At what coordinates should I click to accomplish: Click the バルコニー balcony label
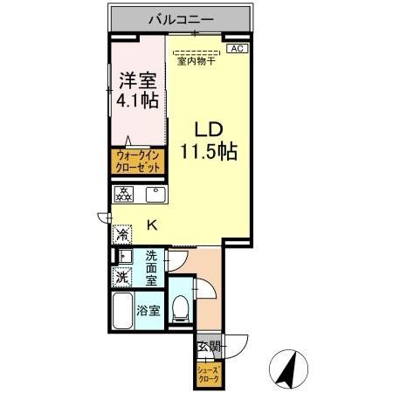182,17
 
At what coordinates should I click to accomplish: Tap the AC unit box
236,49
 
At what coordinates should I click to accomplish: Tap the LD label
209,130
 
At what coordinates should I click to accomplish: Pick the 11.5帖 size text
210,149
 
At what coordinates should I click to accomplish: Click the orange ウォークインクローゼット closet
135,162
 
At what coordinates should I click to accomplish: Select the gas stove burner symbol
123,193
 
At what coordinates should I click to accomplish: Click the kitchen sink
158,194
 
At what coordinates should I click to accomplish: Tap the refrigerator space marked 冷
122,233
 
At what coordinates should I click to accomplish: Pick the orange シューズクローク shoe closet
208,374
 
